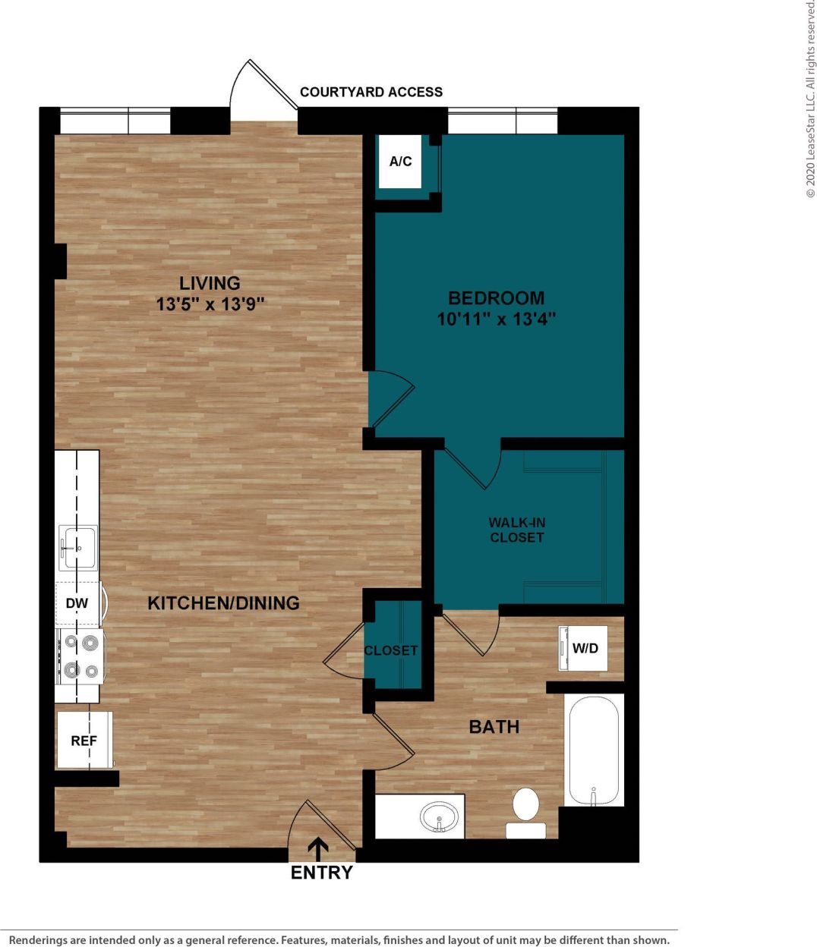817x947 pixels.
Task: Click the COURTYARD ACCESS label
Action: (x=371, y=92)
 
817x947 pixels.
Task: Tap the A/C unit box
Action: (x=400, y=161)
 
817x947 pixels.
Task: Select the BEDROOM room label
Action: (x=496, y=297)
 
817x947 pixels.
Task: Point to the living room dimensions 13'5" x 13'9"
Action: (x=210, y=304)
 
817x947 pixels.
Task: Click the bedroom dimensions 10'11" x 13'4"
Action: (x=496, y=319)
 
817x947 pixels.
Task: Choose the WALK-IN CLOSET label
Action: (x=516, y=530)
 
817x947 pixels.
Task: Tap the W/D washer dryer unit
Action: (x=583, y=648)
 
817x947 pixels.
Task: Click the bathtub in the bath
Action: (x=594, y=750)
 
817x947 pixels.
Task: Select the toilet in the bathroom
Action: (x=525, y=810)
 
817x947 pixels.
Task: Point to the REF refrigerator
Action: (x=84, y=740)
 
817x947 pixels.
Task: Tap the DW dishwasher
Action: (x=77, y=604)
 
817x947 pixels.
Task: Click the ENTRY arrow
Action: (x=319, y=848)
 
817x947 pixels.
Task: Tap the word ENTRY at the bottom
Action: (x=321, y=873)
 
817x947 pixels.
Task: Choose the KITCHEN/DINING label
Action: (x=223, y=603)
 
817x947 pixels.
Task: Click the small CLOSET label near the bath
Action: (x=390, y=650)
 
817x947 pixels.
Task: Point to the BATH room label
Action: (x=494, y=727)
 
